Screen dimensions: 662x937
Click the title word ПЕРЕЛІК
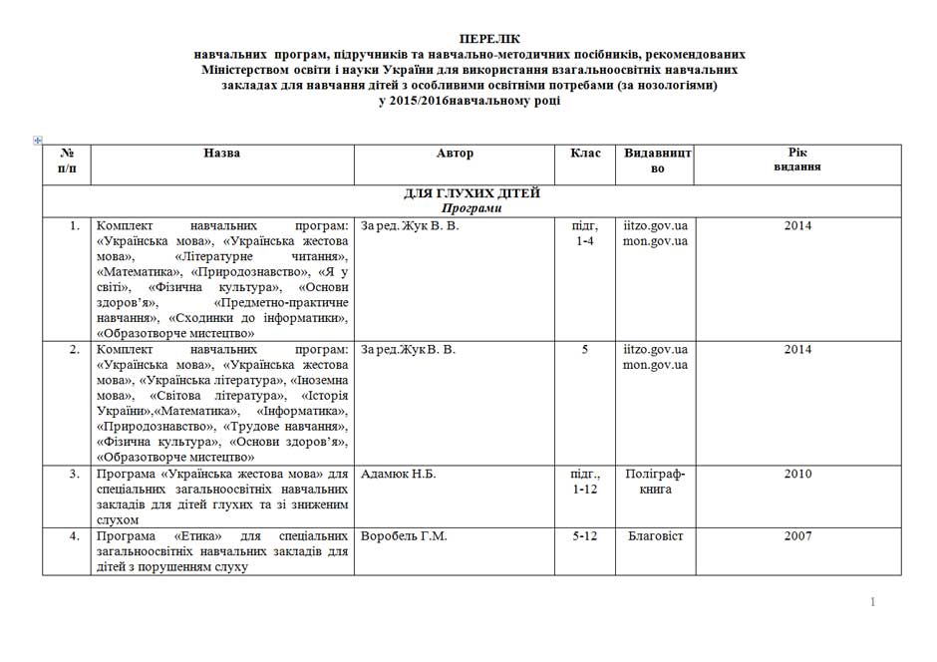point(468,37)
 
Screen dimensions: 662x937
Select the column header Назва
point(221,154)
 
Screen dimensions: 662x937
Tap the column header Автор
point(455,154)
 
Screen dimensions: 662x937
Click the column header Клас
point(585,154)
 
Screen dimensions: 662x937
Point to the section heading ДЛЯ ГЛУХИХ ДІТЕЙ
point(471,192)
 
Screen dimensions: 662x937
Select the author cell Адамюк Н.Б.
point(399,474)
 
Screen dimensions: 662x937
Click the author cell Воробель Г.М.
point(404,536)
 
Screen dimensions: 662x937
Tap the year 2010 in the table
point(797,474)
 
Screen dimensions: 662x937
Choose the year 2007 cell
point(797,536)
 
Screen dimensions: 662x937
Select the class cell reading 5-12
point(585,536)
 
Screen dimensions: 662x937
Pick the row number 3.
point(75,474)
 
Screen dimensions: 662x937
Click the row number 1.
point(75,225)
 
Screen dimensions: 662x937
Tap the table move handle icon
point(38,141)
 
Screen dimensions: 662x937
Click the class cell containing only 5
point(585,350)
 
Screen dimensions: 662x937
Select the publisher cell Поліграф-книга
point(655,482)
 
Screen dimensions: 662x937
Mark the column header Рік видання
point(797,161)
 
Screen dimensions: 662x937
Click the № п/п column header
point(67,161)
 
